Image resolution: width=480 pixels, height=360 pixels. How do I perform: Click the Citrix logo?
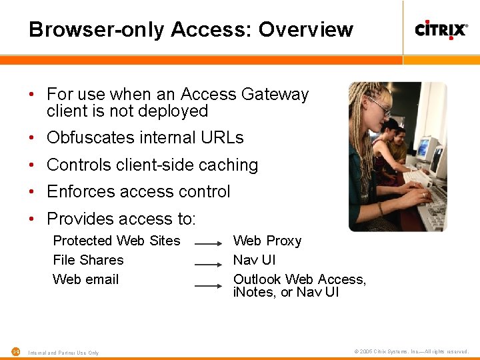click(441, 29)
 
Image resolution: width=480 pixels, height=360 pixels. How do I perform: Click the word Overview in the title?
click(306, 29)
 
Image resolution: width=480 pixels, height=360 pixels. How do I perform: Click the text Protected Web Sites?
click(117, 241)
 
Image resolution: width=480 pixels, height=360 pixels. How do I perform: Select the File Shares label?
click(88, 260)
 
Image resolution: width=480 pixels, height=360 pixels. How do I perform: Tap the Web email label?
click(85, 279)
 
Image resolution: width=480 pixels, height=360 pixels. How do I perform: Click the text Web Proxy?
click(267, 241)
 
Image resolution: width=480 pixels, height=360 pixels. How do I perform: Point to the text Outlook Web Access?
click(299, 279)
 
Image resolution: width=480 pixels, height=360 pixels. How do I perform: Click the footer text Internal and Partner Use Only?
click(63, 353)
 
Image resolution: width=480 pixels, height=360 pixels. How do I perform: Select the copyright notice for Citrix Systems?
click(411, 351)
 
